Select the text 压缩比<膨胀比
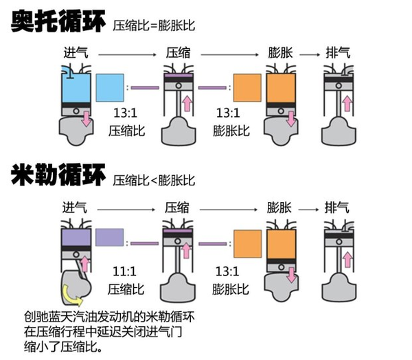pyautogui.click(x=154, y=181)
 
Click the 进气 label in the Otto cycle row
pyautogui.click(x=75, y=52)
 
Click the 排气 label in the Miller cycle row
pyautogui.click(x=336, y=207)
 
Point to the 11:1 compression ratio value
pyautogui.click(x=123, y=270)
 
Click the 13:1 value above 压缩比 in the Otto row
pyautogui.click(x=123, y=113)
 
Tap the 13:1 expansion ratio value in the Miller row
pyautogui.click(x=227, y=270)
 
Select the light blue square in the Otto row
pyautogui.click(x=110, y=87)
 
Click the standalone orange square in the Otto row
pyautogui.click(x=247, y=87)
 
